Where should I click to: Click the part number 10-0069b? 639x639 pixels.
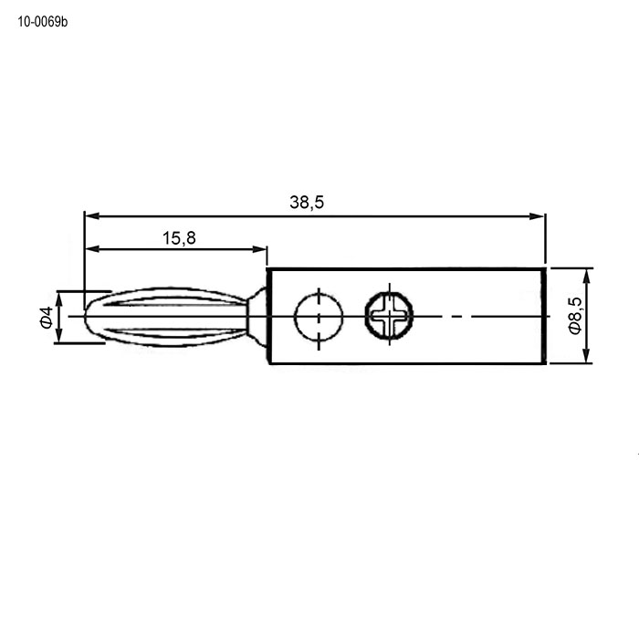coord(42,22)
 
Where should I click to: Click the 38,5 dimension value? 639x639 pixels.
coord(307,202)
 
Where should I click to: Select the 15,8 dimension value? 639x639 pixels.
coord(179,238)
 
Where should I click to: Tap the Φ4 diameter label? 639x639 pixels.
coord(47,317)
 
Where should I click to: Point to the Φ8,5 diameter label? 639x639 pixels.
coord(574,316)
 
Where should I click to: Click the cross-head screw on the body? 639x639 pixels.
coord(389,316)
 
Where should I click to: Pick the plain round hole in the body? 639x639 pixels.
coord(319,316)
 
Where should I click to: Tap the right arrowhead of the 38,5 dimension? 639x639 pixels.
coord(537,216)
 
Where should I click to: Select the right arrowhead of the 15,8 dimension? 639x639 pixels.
coord(259,249)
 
